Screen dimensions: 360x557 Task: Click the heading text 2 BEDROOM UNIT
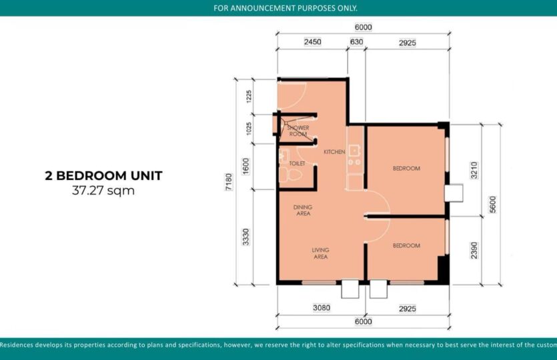pos(103,177)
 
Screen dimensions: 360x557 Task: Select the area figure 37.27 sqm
pos(103,191)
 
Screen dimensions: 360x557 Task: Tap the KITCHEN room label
pos(334,152)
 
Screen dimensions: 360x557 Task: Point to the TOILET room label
pos(298,163)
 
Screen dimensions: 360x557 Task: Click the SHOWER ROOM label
pos(298,131)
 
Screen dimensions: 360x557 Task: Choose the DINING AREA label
pos(303,210)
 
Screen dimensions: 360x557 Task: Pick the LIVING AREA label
pos(321,253)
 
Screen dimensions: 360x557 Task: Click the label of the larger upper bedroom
pos(406,169)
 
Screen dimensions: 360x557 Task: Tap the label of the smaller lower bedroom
pos(406,245)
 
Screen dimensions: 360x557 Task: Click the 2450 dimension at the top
pos(312,42)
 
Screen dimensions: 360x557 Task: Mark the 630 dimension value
pos(356,42)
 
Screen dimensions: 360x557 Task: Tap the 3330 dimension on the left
pos(247,237)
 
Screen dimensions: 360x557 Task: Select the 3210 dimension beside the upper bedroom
pos(474,169)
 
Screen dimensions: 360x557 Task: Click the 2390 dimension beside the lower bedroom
pos(474,250)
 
